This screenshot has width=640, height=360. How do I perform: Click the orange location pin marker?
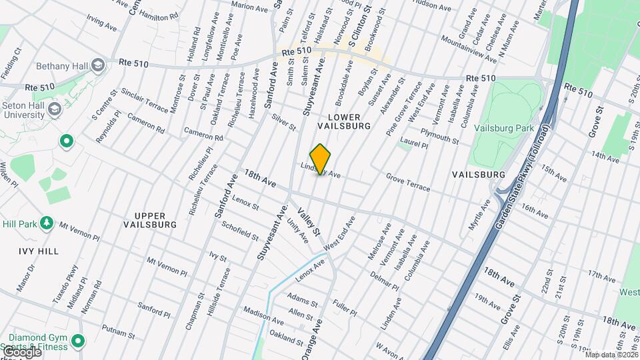tap(320, 159)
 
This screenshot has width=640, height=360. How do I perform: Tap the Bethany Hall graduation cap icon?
tap(98, 65)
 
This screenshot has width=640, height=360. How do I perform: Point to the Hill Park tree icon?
tap(46, 222)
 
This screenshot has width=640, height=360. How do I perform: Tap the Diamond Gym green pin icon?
tap(78, 342)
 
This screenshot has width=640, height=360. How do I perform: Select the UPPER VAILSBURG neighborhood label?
tap(150, 220)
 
